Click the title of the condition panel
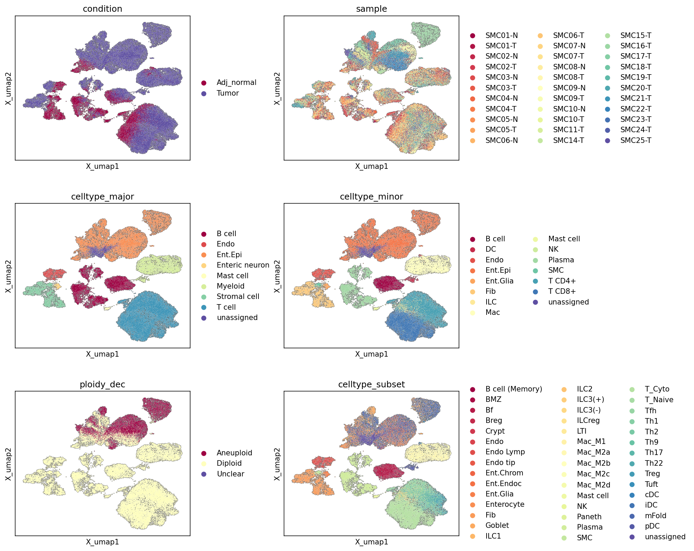tap(102, 9)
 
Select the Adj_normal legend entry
tap(236, 83)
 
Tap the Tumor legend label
tap(228, 93)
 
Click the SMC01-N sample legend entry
tap(501, 36)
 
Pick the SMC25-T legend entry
tap(636, 141)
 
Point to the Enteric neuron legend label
tap(243, 265)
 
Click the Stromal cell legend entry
tap(238, 297)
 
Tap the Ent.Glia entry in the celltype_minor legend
tap(499, 281)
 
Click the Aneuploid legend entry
tap(234, 453)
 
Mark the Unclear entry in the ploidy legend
tap(231, 474)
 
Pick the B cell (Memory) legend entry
tap(514, 389)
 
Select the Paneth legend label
tap(589, 517)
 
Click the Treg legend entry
tap(652, 474)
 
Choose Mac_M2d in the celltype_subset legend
tap(594, 485)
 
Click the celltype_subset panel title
tap(371, 385)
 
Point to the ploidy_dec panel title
tap(102, 385)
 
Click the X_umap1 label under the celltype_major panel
tap(102, 354)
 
